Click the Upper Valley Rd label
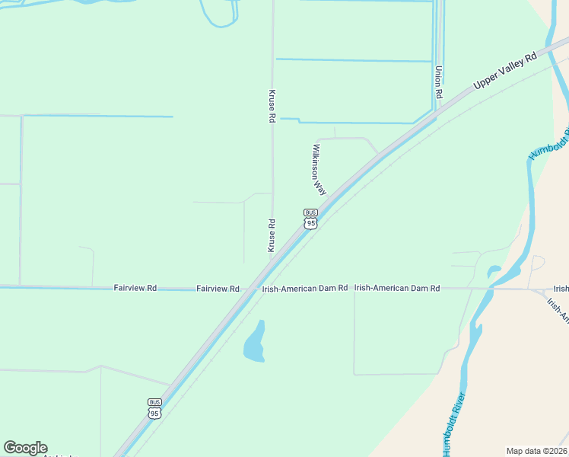tap(505, 69)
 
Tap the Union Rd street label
tap(439, 82)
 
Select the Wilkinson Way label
tap(319, 169)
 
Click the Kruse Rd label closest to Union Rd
tap(272, 107)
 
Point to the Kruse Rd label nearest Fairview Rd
tap(272, 235)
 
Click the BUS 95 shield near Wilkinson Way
tap(310, 219)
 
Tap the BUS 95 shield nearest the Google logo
tap(154, 408)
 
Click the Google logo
tap(25, 448)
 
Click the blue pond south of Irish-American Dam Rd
tap(255, 342)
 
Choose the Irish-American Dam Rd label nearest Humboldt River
tap(397, 289)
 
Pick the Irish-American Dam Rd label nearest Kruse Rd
tap(304, 289)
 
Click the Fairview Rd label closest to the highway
tap(218, 289)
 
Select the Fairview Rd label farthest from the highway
tap(135, 288)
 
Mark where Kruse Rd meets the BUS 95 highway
tap(272, 263)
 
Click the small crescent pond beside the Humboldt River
tap(495, 271)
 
